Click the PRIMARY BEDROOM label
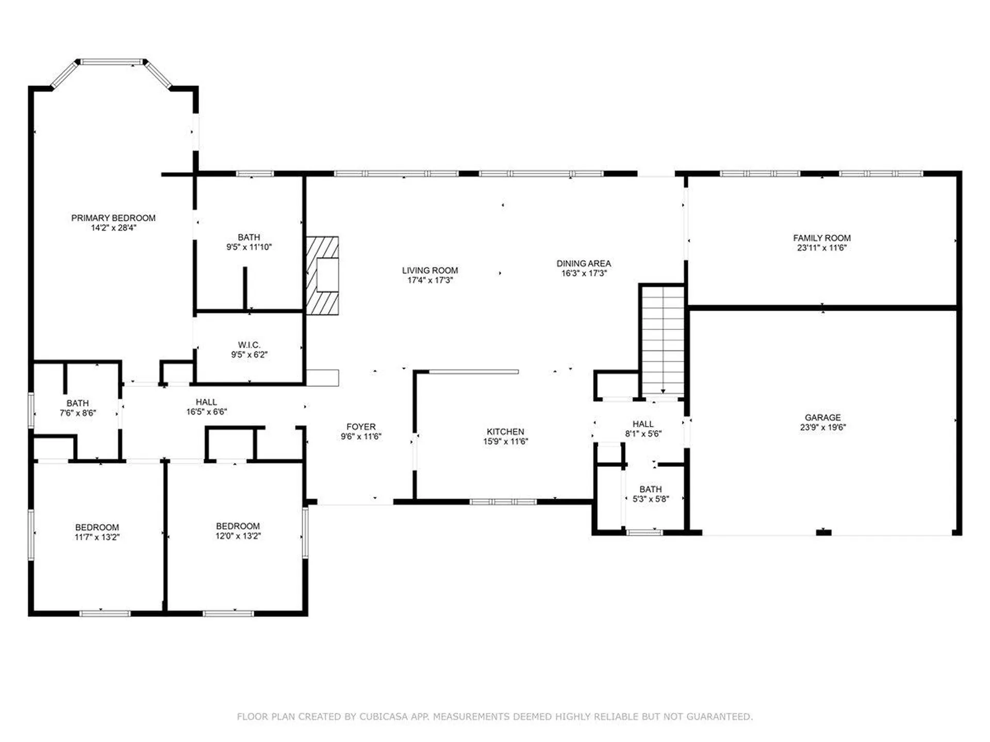tap(113, 218)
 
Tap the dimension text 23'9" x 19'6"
tap(822, 427)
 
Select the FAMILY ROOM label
tap(821, 238)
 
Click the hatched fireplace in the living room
tap(322, 276)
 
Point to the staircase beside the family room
tap(663, 340)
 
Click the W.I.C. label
tap(249, 345)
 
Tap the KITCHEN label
tap(505, 432)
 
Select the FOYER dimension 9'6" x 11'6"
tap(360, 436)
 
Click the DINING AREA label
tap(583, 263)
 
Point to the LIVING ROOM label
tap(430, 271)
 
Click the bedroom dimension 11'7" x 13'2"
tap(97, 537)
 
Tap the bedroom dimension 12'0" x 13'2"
tap(238, 536)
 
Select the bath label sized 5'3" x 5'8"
tap(650, 489)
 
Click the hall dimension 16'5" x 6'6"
tap(206, 412)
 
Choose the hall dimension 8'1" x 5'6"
tap(643, 434)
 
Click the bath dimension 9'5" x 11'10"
tap(249, 247)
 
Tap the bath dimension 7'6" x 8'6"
tap(77, 413)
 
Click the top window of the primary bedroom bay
tap(112, 62)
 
